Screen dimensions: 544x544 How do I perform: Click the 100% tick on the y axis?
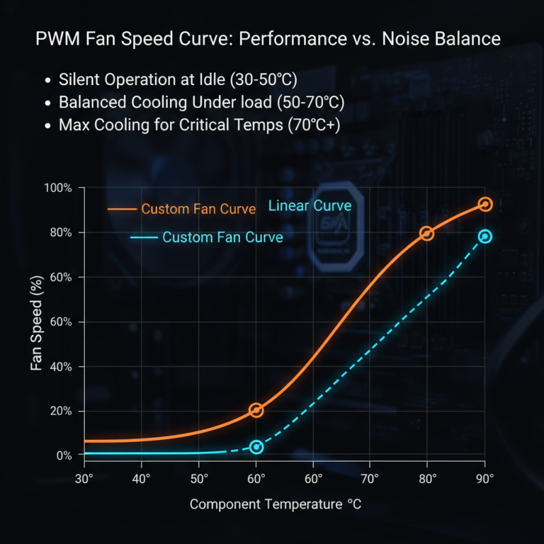[x=58, y=188]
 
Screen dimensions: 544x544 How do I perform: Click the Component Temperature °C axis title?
[x=275, y=505]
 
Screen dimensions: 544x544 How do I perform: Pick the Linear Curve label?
[x=310, y=205]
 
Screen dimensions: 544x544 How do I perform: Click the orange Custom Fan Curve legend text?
[x=199, y=209]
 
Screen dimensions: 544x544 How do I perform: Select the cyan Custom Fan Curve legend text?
[x=223, y=237]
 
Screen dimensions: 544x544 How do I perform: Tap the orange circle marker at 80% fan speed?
[x=427, y=233]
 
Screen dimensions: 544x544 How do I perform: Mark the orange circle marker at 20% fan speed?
[x=256, y=410]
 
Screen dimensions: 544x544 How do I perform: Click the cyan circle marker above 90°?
[x=485, y=237]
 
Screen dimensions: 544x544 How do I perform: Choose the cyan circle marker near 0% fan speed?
[x=256, y=447]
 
